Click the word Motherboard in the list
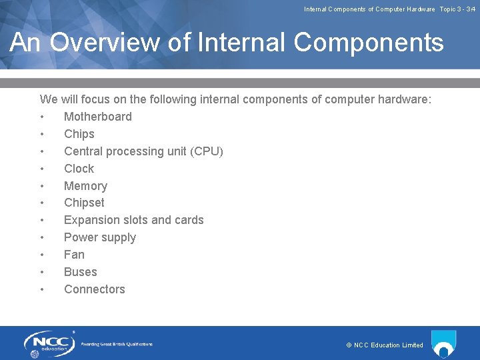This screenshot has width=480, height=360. (97, 117)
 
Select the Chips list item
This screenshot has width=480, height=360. (79, 134)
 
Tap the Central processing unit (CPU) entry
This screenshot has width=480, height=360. (143, 151)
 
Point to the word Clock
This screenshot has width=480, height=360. (79, 169)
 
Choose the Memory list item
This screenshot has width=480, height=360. (85, 186)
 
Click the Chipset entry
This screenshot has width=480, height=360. (84, 203)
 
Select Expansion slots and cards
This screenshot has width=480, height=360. (133, 220)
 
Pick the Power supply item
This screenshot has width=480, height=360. (99, 237)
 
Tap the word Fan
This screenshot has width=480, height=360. (74, 255)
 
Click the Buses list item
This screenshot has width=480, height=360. (80, 272)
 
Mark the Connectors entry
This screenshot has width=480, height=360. (94, 289)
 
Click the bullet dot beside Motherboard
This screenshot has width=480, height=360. (42, 117)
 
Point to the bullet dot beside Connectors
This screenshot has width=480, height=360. (42, 290)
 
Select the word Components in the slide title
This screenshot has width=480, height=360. (368, 43)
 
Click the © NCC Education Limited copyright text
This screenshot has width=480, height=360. (385, 345)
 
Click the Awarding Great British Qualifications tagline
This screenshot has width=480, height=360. (117, 344)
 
